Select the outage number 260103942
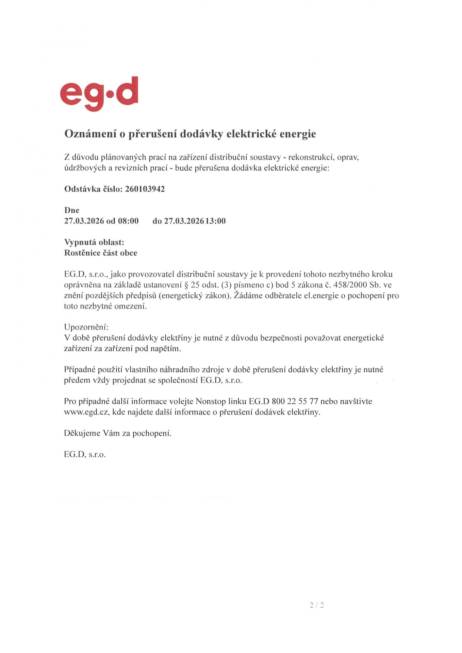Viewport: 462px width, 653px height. (x=145, y=189)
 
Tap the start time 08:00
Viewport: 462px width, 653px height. (x=128, y=221)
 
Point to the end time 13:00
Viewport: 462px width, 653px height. (x=215, y=221)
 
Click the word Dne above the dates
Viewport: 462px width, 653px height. (x=72, y=210)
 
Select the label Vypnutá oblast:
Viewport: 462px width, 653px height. (x=94, y=242)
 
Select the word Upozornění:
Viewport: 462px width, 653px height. (x=86, y=327)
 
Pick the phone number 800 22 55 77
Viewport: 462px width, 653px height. (x=295, y=401)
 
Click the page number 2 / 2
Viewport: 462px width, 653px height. (x=317, y=605)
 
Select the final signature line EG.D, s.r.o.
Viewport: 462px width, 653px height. (x=85, y=455)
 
